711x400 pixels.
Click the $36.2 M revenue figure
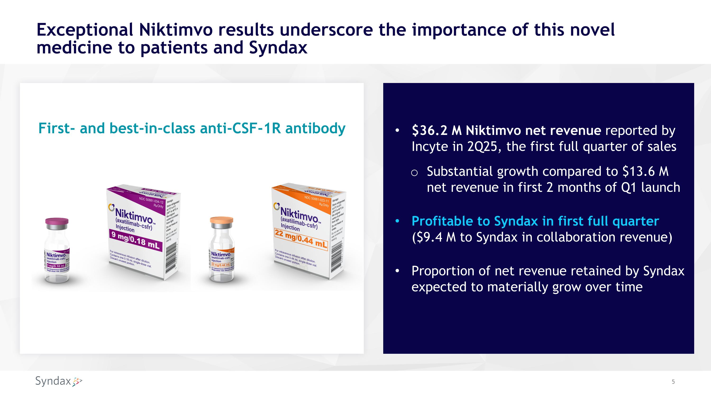(x=436, y=130)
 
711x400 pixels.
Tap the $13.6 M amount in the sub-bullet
(x=646, y=171)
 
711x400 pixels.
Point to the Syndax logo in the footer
(x=59, y=381)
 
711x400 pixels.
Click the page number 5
(x=673, y=382)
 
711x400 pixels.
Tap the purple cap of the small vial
(x=57, y=221)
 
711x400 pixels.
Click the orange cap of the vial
(x=221, y=220)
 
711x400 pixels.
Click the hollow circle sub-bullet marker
(x=414, y=173)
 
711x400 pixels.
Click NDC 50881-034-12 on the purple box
(x=151, y=200)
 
